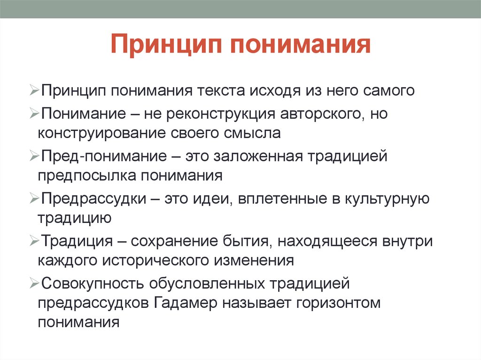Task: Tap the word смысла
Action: point(252,133)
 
